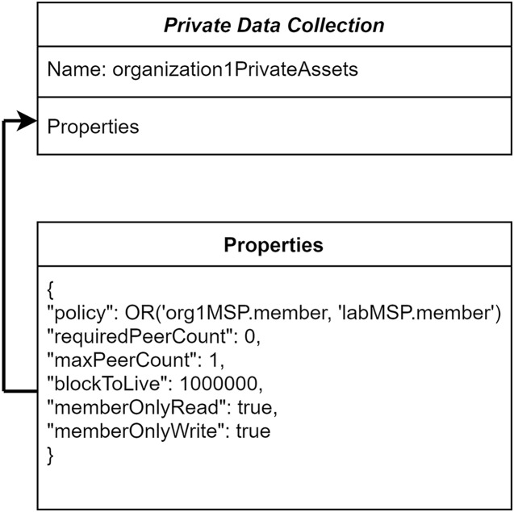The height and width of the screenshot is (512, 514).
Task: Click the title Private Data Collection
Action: (x=274, y=25)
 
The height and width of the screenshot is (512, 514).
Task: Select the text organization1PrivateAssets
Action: (x=236, y=69)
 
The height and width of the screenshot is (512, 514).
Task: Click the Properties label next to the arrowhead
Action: (x=93, y=127)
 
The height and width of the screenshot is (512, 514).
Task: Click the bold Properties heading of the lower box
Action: (x=274, y=245)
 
